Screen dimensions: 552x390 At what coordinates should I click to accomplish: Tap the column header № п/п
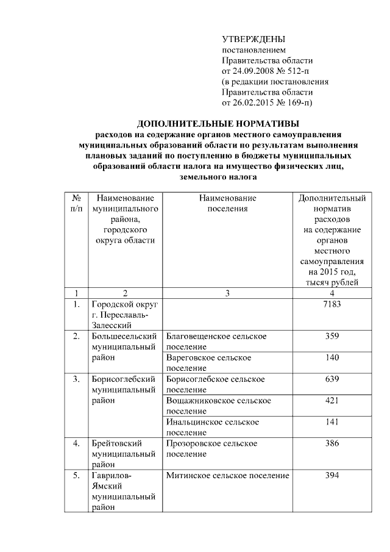(76, 204)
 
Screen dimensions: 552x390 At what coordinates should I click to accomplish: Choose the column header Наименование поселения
(227, 204)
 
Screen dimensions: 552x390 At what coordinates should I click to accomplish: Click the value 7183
(332, 304)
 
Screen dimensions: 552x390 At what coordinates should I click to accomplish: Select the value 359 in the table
(332, 336)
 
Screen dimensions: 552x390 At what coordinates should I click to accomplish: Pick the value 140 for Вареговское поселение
(332, 357)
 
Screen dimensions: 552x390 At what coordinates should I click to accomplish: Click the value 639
(332, 379)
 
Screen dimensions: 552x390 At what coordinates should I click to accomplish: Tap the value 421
(332, 400)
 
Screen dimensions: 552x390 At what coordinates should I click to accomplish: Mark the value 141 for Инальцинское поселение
(332, 421)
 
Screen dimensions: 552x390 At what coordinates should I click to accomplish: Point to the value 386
(332, 443)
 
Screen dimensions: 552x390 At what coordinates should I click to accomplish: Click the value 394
(332, 475)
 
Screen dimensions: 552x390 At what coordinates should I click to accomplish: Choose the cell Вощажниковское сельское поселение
(218, 405)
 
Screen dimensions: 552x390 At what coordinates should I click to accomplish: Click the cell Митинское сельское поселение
(227, 475)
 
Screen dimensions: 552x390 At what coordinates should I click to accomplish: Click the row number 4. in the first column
(76, 443)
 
